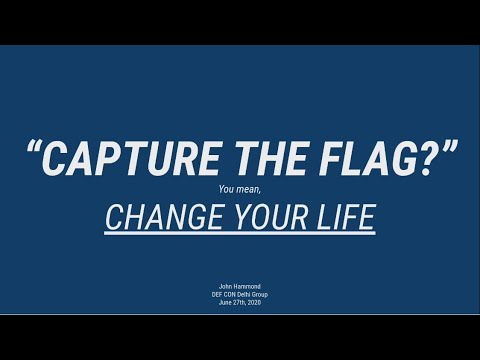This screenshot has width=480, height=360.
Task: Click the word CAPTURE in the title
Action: point(122,158)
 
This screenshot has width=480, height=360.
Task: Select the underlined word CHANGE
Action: point(152,217)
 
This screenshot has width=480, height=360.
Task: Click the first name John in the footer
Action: point(225,287)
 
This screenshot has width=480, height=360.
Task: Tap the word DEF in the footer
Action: point(212,294)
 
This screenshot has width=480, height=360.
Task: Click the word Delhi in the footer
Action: point(246,294)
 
